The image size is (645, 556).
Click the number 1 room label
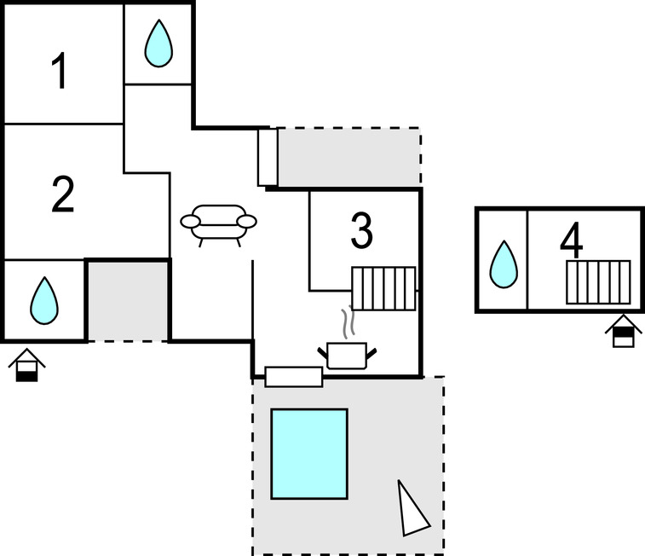[59, 72]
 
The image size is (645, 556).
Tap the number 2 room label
[63, 195]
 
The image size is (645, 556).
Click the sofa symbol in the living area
[218, 223]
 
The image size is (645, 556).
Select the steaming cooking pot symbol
[347, 354]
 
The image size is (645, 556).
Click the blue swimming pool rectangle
[309, 454]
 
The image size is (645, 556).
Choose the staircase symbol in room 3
[383, 288]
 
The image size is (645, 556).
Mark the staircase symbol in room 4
[599, 282]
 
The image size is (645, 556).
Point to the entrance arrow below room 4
[624, 331]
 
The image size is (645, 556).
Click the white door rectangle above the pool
[294, 376]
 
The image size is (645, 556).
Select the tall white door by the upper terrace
[268, 157]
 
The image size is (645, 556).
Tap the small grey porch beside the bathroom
[128, 300]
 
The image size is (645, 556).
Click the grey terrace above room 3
[348, 157]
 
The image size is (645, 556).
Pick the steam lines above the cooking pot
[347, 323]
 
